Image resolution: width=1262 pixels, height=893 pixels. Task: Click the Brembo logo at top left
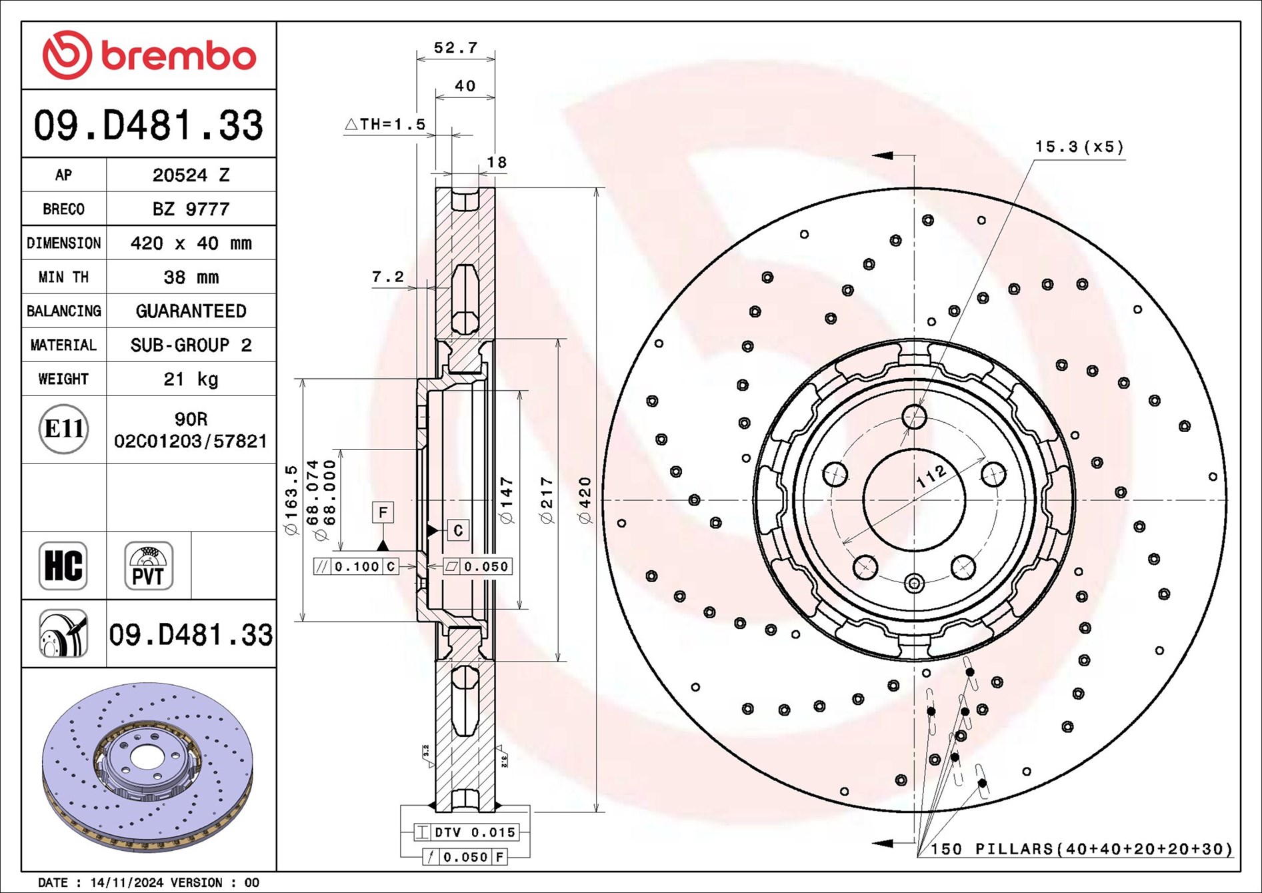149,55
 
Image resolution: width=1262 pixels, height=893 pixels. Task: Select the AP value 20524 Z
191,175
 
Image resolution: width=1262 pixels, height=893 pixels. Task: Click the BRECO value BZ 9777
191,209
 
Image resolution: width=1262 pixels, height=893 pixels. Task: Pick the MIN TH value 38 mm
191,277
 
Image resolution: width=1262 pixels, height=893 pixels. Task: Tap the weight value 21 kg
191,379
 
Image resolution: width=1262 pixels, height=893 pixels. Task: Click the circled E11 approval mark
63,429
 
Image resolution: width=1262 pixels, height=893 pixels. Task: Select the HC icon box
63,566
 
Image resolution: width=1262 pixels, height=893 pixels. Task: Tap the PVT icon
148,566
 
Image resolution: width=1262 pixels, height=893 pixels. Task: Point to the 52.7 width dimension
455,48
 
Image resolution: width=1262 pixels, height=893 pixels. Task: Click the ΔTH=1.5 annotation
385,124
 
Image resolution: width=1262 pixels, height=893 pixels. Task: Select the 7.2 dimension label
387,277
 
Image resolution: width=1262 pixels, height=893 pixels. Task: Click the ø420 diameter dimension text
585,500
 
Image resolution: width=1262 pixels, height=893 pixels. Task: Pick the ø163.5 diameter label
291,500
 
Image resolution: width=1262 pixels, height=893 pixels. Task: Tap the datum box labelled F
383,512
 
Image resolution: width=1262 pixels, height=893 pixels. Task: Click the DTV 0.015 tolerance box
467,832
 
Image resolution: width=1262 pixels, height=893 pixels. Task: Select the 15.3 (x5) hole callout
1079,147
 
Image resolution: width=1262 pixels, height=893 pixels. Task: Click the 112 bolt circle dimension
931,476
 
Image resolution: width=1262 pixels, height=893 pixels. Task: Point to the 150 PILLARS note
1081,849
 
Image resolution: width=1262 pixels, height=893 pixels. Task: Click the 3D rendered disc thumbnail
148,767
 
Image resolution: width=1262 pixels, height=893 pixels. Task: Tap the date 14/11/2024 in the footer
127,882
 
